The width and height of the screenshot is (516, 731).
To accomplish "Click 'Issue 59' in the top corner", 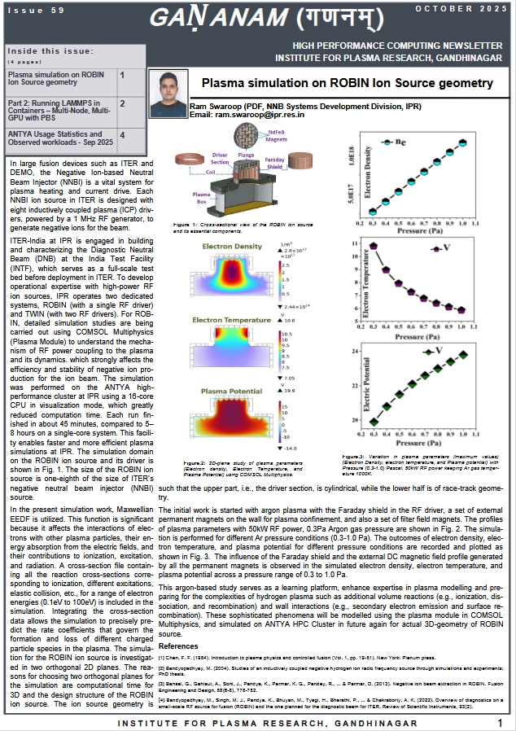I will [x=26, y=10].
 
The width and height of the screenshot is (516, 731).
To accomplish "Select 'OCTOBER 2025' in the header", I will [x=461, y=8].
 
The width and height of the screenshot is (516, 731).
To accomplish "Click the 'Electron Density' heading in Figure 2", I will [x=232, y=247].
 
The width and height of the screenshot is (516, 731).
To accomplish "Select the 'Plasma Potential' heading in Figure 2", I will [x=232, y=392].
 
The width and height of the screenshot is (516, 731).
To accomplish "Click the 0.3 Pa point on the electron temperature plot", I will [x=374, y=245].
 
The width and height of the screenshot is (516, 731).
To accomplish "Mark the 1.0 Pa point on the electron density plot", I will [x=463, y=142].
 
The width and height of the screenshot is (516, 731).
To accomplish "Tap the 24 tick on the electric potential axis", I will [x=356, y=351].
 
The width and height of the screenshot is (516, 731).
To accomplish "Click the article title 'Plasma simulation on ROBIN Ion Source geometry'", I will [x=348, y=84].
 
